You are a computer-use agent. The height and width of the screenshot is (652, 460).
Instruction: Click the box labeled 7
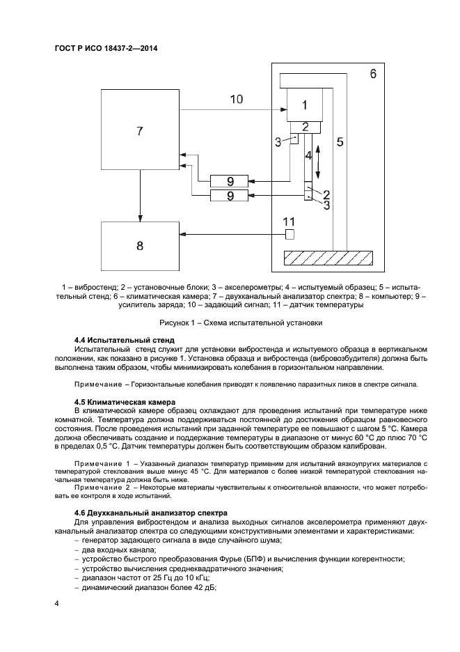click(141, 131)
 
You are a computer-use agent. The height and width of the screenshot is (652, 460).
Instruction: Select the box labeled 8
click(141, 245)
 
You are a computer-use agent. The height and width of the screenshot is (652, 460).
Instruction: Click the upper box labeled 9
click(230, 180)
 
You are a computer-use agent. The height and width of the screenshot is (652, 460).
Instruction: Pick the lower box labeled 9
click(230, 196)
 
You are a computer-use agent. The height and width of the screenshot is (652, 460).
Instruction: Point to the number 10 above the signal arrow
click(236, 99)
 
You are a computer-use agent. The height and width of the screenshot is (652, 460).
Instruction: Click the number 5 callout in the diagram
click(340, 142)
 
